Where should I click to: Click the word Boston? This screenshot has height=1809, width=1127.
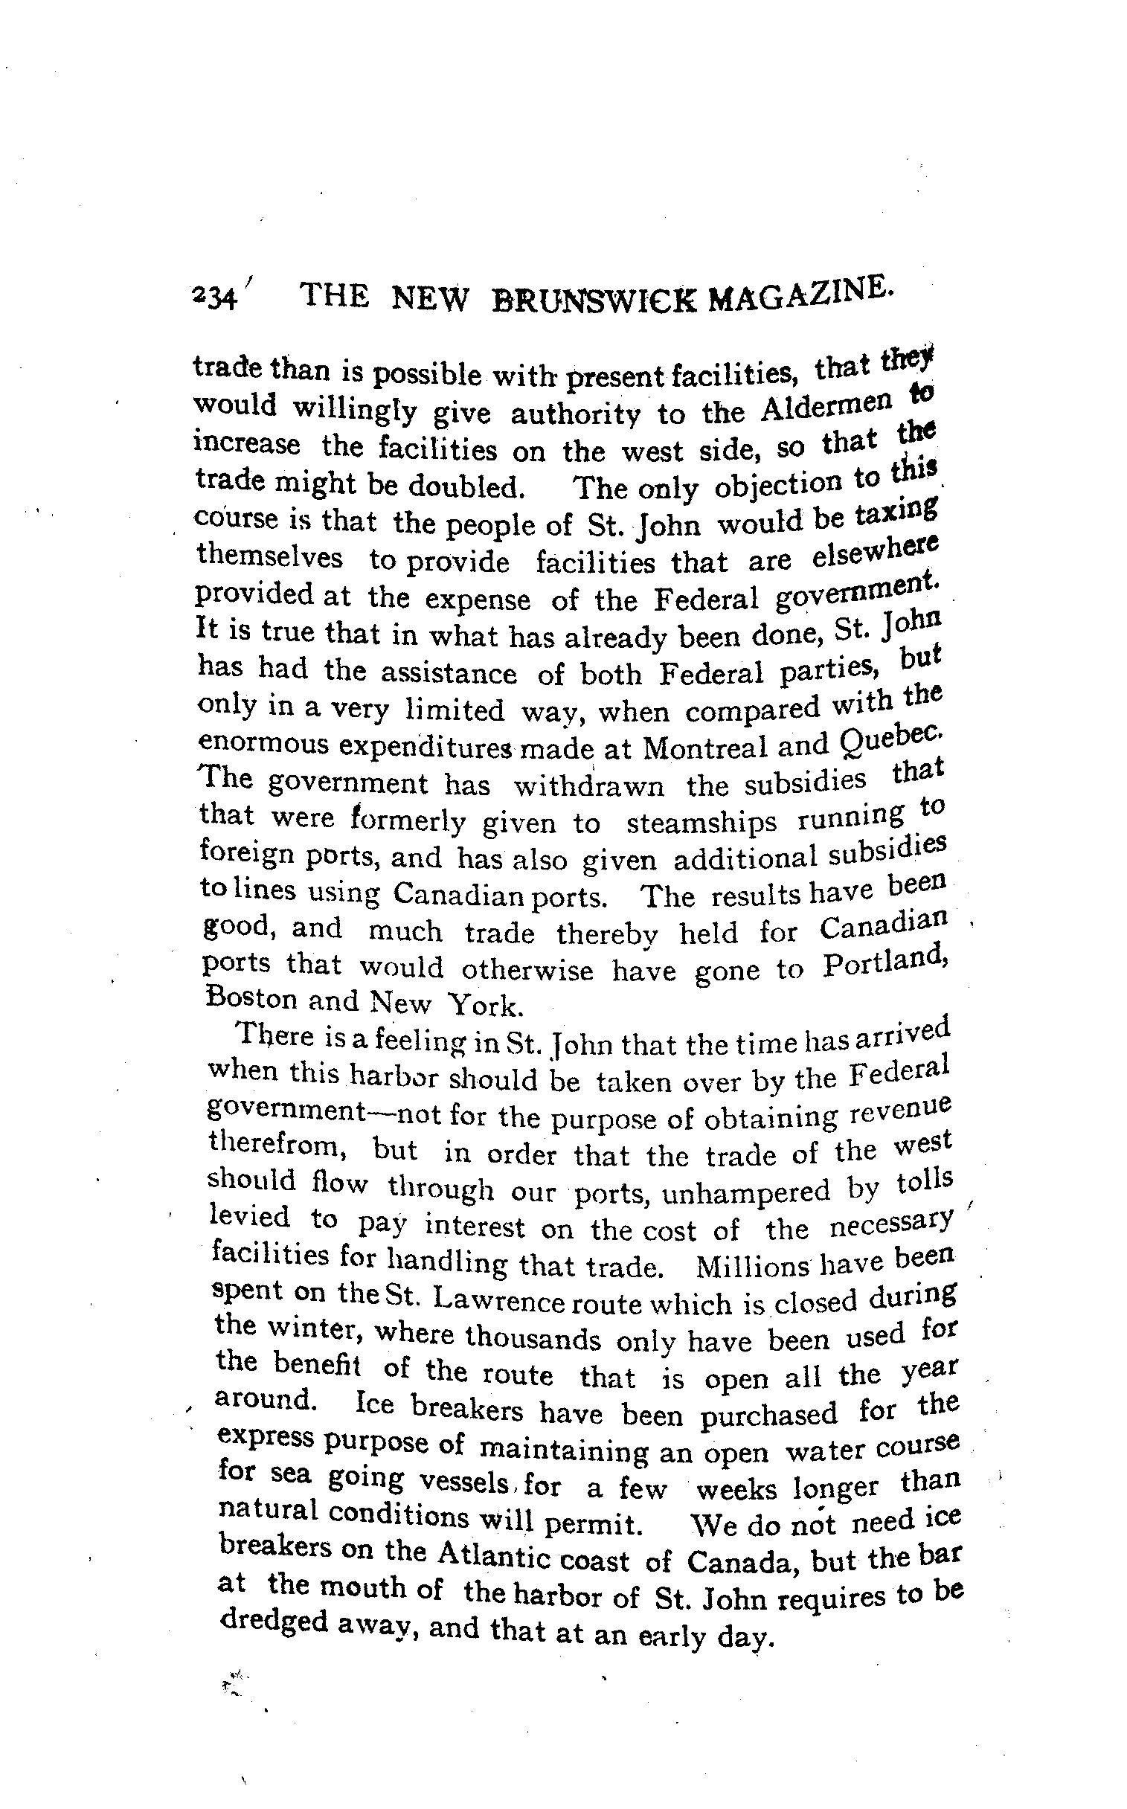pyautogui.click(x=243, y=998)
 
